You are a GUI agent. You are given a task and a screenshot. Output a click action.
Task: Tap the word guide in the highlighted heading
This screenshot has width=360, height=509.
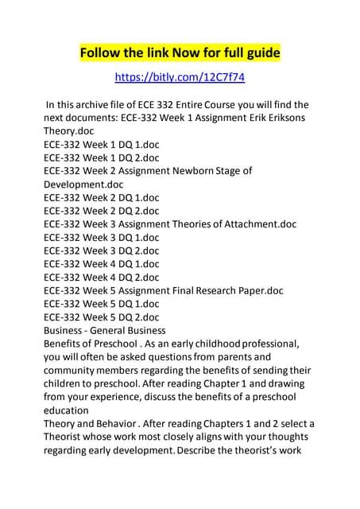tap(261, 54)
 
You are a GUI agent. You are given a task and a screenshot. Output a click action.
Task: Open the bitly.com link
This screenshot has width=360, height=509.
tap(180, 78)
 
